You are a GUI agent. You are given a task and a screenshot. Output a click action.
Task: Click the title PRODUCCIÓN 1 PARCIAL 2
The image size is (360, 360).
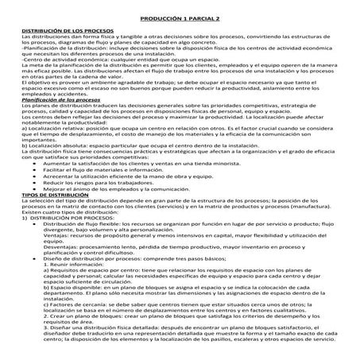pos(180,16)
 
